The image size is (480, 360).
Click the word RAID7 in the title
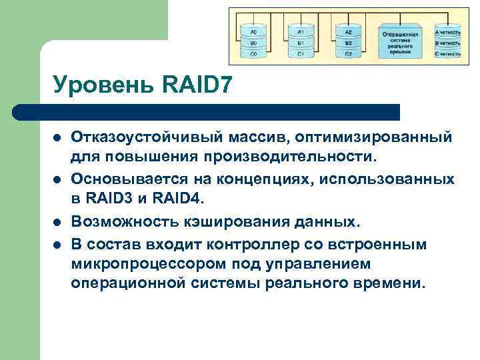[x=197, y=85]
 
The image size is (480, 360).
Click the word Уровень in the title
[x=103, y=85]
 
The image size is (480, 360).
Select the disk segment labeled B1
[x=301, y=43]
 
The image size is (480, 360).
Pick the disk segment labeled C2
[x=348, y=53]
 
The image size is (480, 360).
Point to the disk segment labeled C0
[x=254, y=53]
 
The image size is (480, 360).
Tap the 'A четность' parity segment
[x=447, y=32]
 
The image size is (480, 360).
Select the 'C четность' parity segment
[x=447, y=53]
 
